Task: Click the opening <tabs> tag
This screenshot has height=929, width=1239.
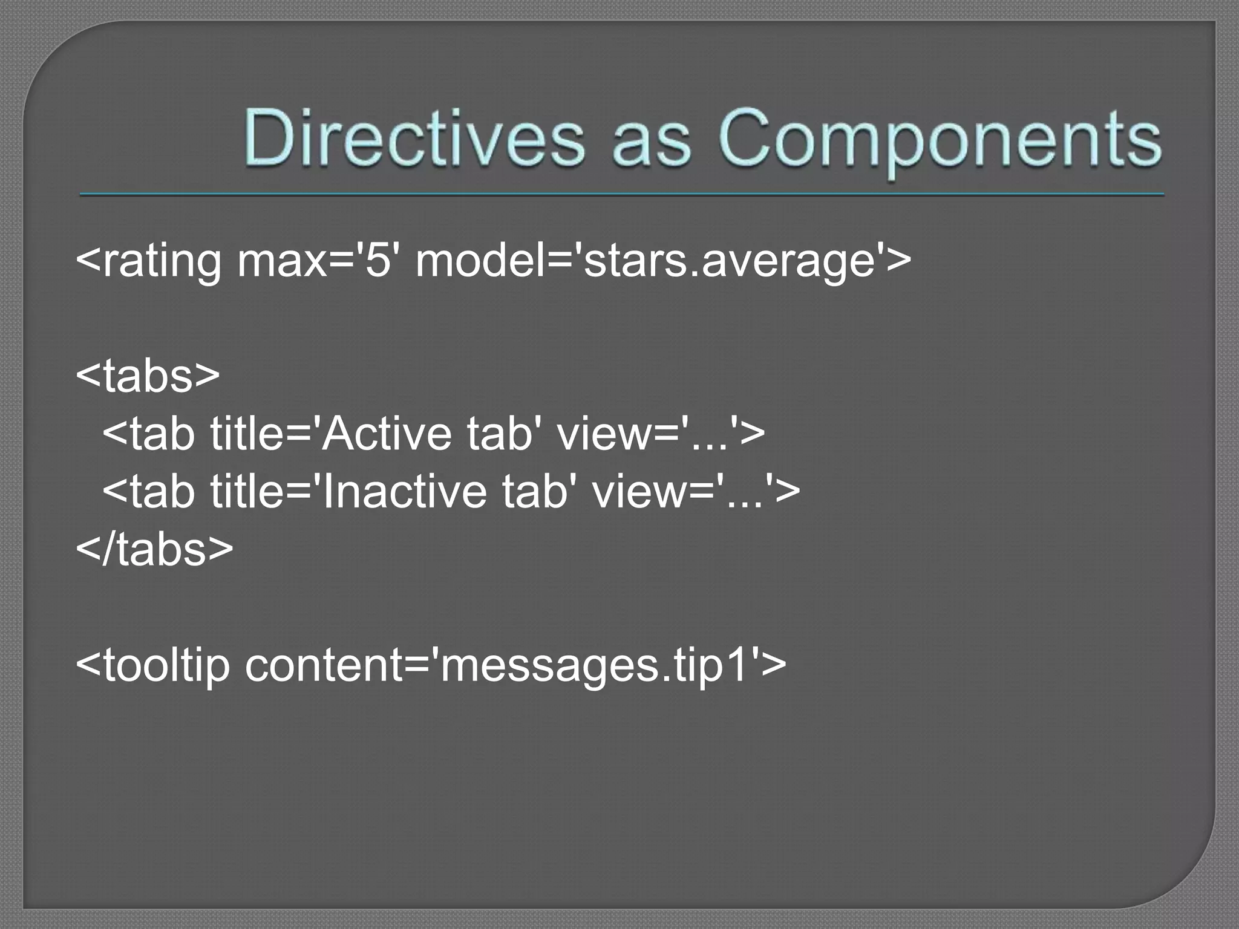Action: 148,376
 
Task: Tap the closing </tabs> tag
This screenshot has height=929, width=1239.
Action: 155,549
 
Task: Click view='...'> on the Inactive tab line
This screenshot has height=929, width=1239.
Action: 696,491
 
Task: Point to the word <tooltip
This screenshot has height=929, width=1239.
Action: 154,665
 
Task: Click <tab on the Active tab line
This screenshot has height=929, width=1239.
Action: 149,434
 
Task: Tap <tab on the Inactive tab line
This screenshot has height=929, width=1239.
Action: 149,491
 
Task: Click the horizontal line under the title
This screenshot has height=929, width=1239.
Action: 622,195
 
